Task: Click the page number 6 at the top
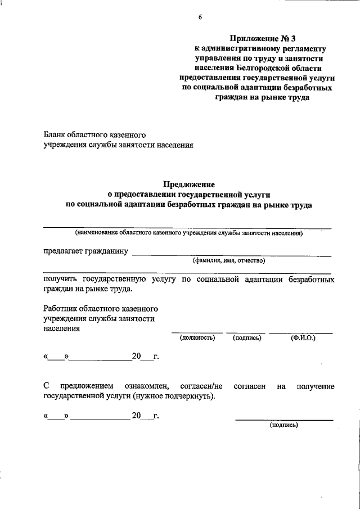pyautogui.click(x=200, y=17)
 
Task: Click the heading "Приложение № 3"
pyautogui.click(x=261, y=39)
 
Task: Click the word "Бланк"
pyautogui.click(x=55, y=135)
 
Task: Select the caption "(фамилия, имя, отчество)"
pyautogui.click(x=228, y=260)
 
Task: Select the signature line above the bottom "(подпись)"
pyautogui.click(x=283, y=420)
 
